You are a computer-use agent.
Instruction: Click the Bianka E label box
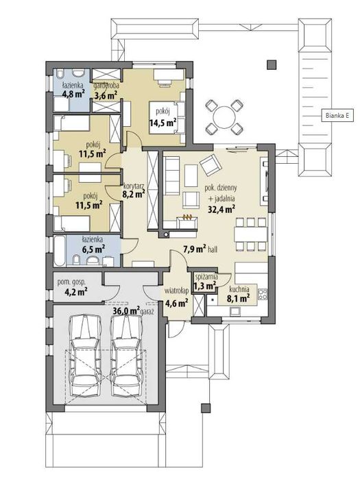pos(337,116)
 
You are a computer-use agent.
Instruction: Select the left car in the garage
pos(85,356)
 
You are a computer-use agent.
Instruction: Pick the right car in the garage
pos(126,356)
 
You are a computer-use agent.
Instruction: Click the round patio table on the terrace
pos(225,117)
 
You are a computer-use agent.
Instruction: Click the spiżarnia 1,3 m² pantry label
pos(206,282)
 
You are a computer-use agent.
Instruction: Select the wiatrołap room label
pos(177,291)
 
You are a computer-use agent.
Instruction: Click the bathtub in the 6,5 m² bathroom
pos(59,251)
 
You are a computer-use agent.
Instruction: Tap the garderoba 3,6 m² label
pos(106,90)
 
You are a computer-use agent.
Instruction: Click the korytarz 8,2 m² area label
pos(134,189)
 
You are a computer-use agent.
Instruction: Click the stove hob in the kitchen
pos(263,293)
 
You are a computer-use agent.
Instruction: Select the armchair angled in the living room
pos(211,165)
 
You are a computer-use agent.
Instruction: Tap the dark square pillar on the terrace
pos(272,64)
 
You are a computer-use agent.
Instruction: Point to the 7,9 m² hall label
pos(200,249)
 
